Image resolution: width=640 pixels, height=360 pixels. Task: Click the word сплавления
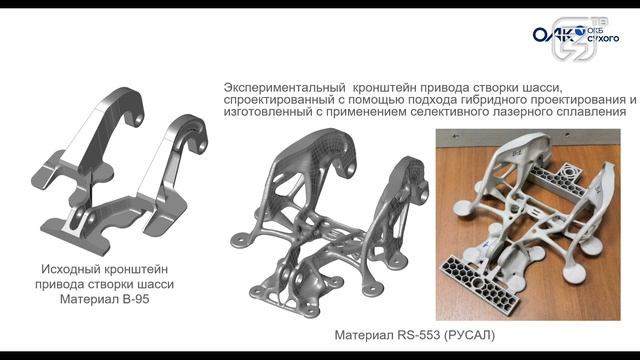coord(591,113)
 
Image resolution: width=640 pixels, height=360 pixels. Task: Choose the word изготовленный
coord(270,113)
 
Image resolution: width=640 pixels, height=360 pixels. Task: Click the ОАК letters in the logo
coord(549,36)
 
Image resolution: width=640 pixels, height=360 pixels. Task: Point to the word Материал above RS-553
coord(354,333)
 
